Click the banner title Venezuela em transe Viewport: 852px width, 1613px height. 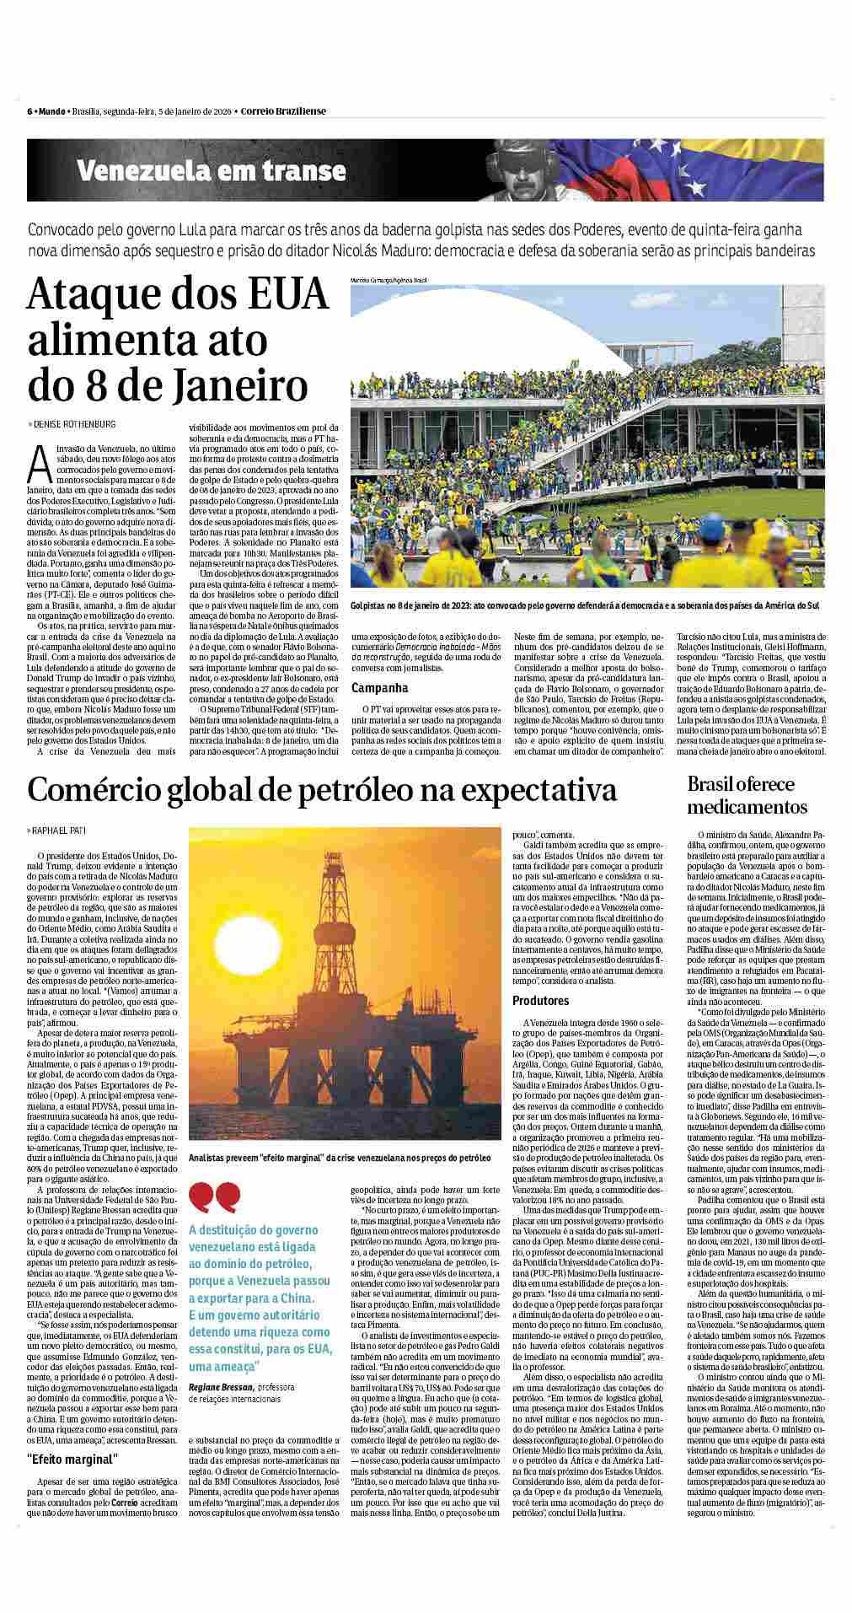(212, 171)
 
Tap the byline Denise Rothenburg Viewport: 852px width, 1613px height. (74, 424)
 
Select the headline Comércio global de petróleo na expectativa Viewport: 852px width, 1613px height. (322, 790)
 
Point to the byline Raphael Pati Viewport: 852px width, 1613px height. (61, 831)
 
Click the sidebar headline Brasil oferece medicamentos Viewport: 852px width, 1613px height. (747, 795)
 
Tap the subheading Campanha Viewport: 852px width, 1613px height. (374, 688)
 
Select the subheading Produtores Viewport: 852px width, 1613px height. (540, 1001)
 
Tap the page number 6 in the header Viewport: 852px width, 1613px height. (29, 110)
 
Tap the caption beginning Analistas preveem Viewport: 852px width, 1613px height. (340, 1158)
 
